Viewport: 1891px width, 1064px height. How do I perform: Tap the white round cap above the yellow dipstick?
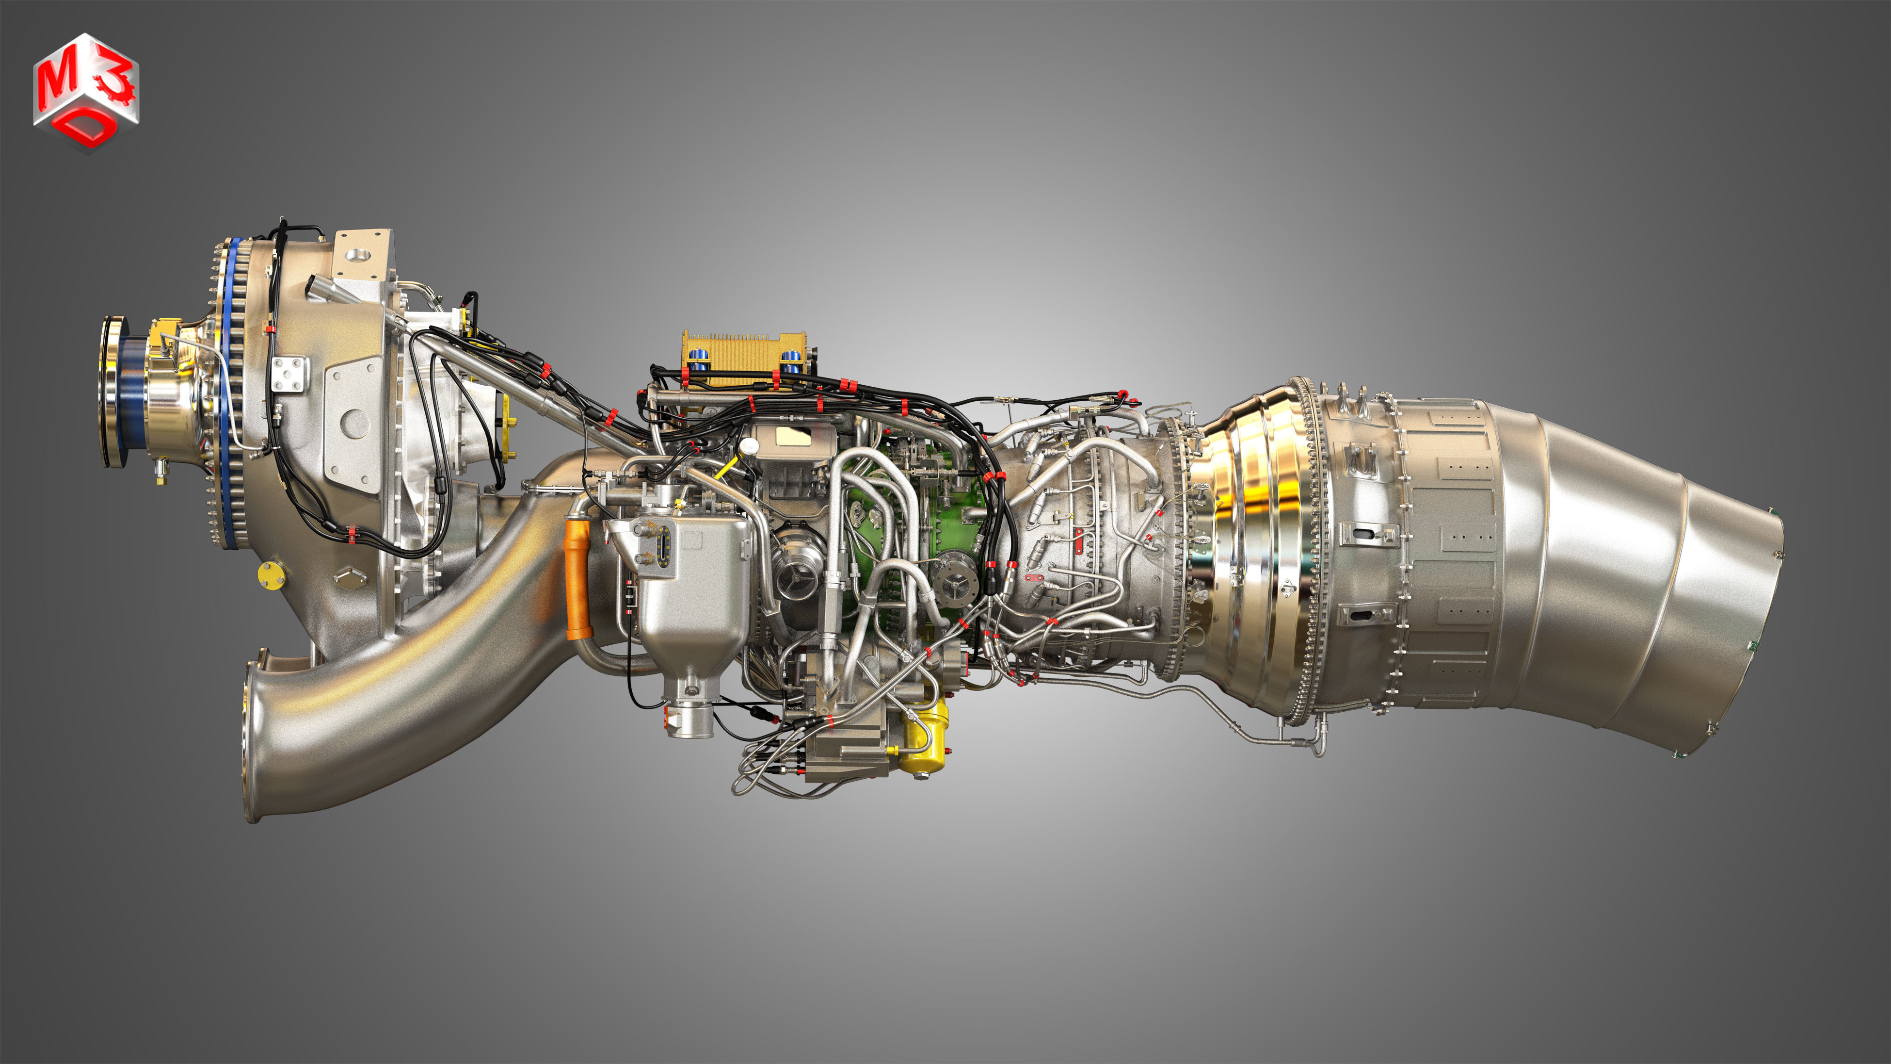[748, 446]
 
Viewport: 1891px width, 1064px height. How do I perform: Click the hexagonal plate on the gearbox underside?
[350, 578]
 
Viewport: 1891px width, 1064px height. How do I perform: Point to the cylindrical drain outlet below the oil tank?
[690, 719]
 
